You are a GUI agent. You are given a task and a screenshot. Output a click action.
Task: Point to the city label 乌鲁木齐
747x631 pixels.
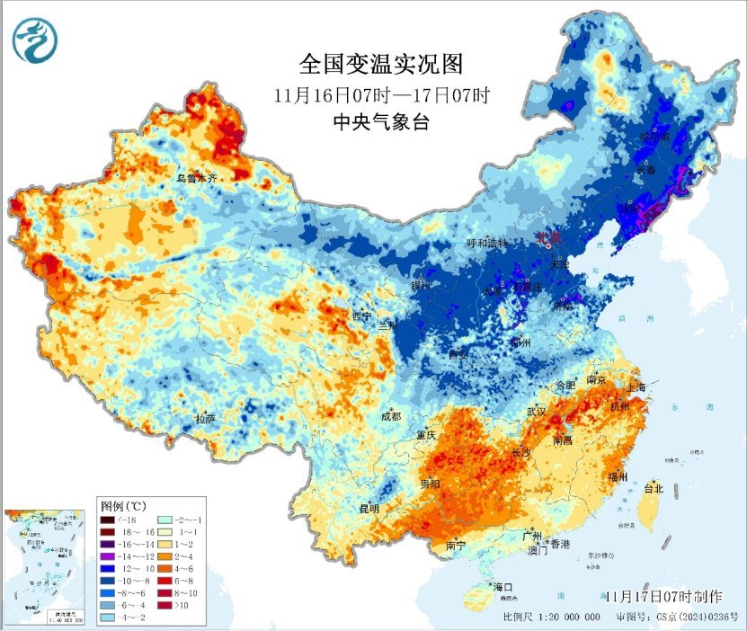tap(197, 179)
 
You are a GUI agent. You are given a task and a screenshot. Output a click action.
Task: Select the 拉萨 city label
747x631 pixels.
tap(206, 419)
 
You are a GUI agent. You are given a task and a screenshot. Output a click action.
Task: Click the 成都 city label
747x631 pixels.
tap(390, 416)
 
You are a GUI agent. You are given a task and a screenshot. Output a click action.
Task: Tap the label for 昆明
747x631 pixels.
tap(369, 508)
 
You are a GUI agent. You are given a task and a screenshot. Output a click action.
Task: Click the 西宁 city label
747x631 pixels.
tap(361, 316)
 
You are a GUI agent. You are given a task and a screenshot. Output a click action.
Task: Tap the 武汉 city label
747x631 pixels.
tap(538, 411)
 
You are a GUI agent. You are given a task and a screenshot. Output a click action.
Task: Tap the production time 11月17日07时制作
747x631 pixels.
tap(663, 596)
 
